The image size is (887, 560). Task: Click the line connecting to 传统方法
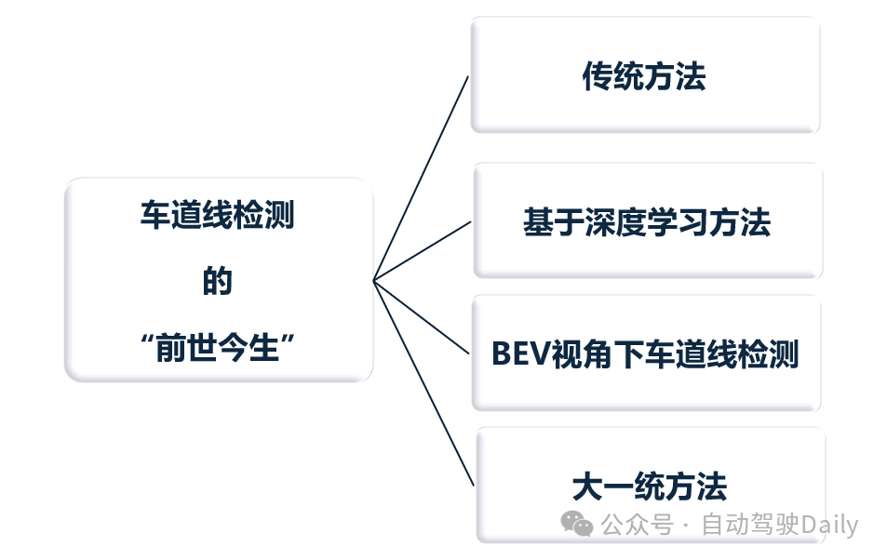(x=421, y=177)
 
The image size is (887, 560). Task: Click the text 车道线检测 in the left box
(x=217, y=217)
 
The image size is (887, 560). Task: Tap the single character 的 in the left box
(x=217, y=281)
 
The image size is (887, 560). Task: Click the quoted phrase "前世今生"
(x=217, y=351)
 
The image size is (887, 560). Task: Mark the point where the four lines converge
(x=373, y=280)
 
